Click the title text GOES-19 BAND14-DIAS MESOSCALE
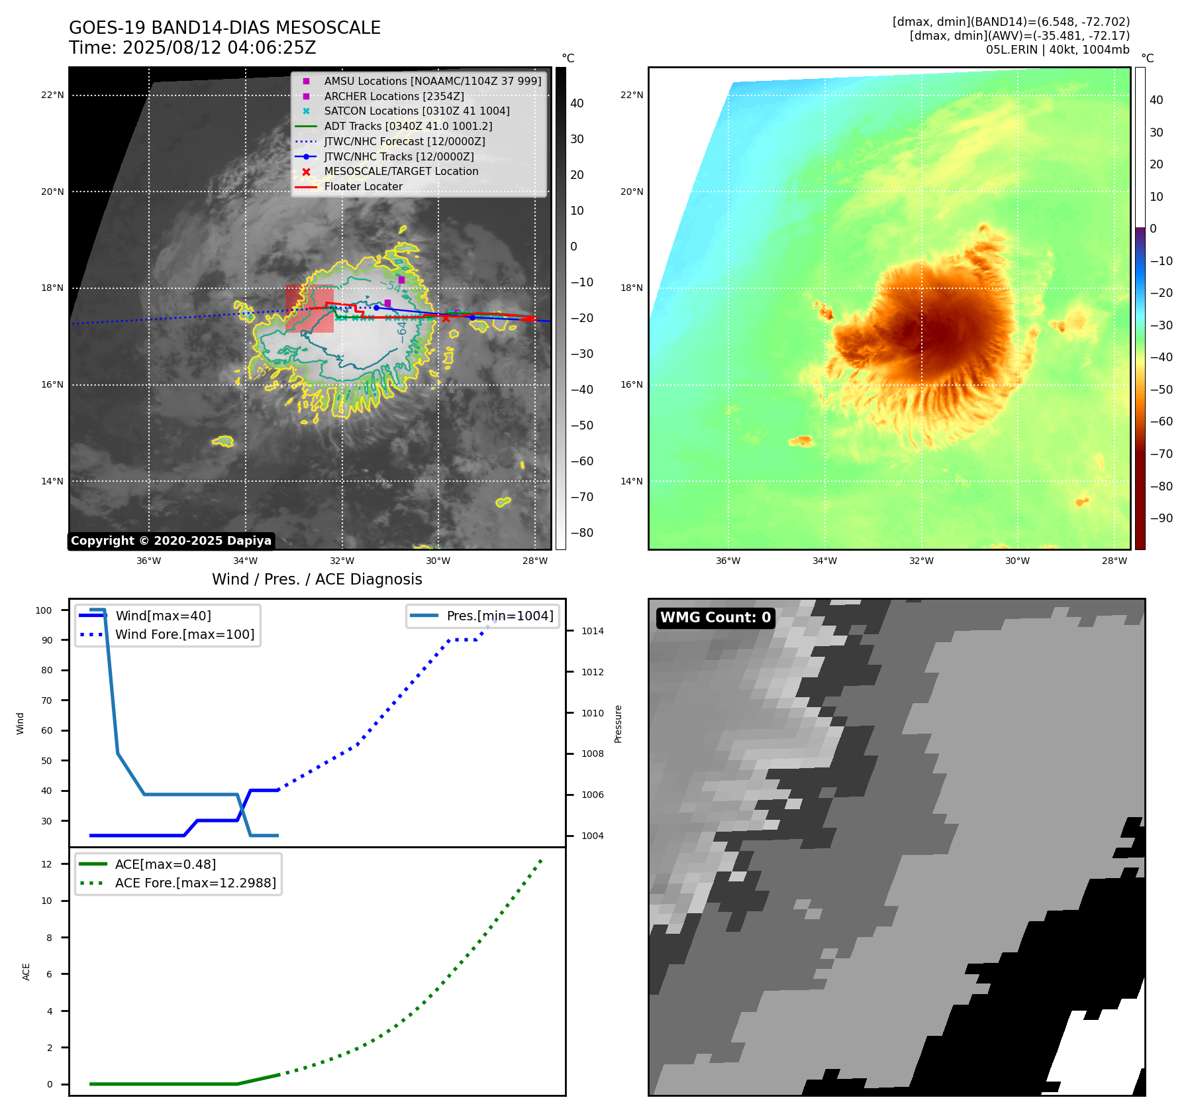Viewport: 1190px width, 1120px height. [x=224, y=28]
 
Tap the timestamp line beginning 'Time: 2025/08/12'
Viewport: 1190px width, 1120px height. [x=192, y=48]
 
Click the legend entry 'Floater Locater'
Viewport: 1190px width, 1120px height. [x=363, y=187]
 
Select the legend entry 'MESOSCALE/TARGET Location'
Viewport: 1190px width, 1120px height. [x=401, y=172]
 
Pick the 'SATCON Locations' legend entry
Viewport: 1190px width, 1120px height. [x=417, y=111]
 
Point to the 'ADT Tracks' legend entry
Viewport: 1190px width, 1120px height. [x=408, y=127]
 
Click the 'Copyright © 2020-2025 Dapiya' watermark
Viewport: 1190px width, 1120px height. [x=171, y=541]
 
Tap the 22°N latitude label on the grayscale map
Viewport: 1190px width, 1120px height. [x=52, y=95]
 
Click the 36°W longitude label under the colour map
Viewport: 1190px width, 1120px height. [x=728, y=561]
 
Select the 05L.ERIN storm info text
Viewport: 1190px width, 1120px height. [x=1057, y=50]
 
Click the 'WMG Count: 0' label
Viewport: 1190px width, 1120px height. [x=715, y=618]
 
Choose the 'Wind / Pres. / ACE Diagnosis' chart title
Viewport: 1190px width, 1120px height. [x=317, y=579]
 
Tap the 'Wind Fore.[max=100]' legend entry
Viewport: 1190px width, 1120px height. [x=185, y=635]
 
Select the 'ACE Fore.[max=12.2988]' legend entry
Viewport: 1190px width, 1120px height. [x=195, y=883]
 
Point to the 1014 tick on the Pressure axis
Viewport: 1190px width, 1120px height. [x=592, y=632]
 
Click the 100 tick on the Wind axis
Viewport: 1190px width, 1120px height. [x=44, y=610]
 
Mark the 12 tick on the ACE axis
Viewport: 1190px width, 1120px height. [x=46, y=864]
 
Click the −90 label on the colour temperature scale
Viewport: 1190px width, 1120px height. [x=1161, y=518]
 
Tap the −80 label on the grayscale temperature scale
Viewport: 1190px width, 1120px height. [x=582, y=533]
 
